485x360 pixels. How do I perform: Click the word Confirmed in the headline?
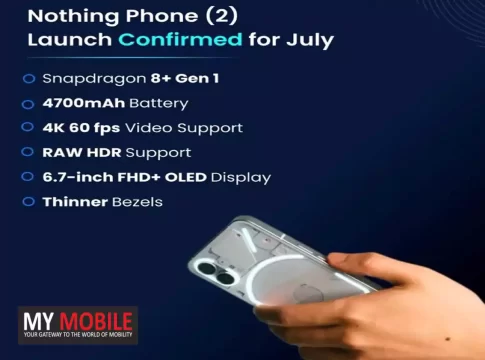pyautogui.click(x=180, y=39)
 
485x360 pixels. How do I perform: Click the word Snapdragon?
pyautogui.click(x=94, y=79)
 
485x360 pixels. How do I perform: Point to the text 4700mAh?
pyautogui.click(x=84, y=103)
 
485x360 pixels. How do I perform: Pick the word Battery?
pyautogui.click(x=159, y=104)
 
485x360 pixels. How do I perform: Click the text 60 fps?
pyautogui.click(x=95, y=128)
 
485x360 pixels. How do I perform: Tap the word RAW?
pyautogui.click(x=62, y=153)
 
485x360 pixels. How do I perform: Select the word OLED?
pyautogui.click(x=186, y=177)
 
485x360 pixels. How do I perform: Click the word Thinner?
pyautogui.click(x=75, y=202)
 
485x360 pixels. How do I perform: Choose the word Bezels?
pyautogui.click(x=137, y=202)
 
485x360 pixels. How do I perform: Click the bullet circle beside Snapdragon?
pyautogui.click(x=29, y=79)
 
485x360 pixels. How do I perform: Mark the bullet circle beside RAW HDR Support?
pyautogui.click(x=27, y=152)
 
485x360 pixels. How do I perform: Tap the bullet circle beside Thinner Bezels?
pyautogui.click(x=28, y=202)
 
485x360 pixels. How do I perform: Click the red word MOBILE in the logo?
pyautogui.click(x=96, y=322)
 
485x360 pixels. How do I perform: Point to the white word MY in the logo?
pyautogui.click(x=39, y=322)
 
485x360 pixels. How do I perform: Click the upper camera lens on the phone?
pyautogui.click(x=206, y=268)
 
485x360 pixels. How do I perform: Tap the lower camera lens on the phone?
pyautogui.click(x=226, y=278)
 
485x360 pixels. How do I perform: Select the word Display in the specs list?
pyautogui.click(x=241, y=178)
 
